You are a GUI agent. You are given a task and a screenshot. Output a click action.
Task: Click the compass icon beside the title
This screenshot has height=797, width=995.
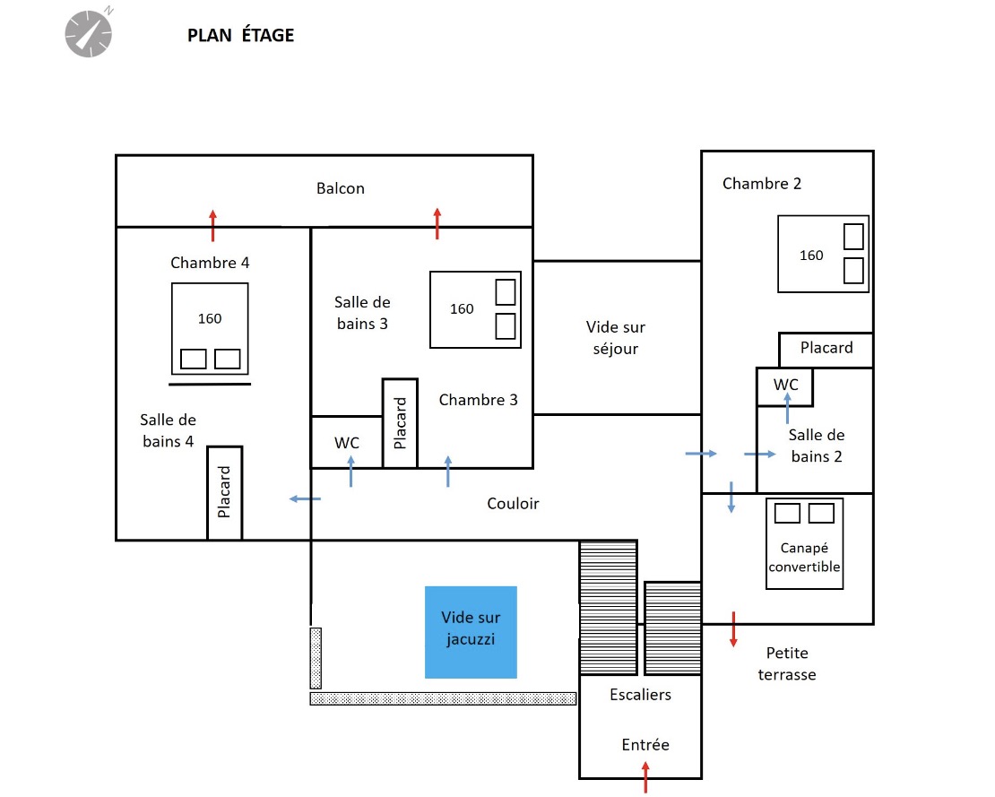[x=89, y=33]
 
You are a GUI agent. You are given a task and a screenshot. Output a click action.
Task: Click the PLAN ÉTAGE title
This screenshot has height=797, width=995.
[x=240, y=36]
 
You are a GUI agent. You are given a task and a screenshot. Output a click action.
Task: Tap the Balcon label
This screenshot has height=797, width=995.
[x=341, y=188]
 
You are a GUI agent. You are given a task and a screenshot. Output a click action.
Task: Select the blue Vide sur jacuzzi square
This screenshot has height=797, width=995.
[x=471, y=632]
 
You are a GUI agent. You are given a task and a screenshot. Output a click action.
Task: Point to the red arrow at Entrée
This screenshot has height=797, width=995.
[x=645, y=777]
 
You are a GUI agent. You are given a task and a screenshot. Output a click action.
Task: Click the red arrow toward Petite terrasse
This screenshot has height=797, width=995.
[x=733, y=629]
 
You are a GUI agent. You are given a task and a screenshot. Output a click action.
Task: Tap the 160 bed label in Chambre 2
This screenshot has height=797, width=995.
[x=811, y=256]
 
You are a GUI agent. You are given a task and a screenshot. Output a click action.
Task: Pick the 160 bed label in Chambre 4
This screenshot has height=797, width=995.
[x=210, y=318]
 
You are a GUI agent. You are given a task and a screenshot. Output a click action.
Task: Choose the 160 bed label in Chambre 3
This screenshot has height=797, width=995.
[x=462, y=309]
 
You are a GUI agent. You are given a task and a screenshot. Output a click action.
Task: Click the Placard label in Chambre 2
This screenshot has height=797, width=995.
[x=826, y=348]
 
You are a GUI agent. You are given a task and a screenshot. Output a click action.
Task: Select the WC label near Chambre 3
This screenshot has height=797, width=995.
[x=347, y=443]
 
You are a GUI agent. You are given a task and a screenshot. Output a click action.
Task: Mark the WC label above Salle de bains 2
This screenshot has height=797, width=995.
[x=785, y=385]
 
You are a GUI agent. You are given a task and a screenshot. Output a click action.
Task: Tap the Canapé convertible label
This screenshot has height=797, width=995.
[x=805, y=557]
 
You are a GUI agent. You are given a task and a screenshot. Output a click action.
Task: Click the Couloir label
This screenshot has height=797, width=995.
[x=513, y=504]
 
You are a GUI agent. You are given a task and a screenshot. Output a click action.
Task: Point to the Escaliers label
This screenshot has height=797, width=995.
[x=640, y=695]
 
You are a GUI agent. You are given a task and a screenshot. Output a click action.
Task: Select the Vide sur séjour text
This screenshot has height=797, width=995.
[x=616, y=338]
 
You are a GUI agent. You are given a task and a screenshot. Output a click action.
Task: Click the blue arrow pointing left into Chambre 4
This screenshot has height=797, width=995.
[x=305, y=498]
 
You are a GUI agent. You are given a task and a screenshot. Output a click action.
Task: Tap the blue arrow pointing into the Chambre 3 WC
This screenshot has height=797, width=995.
[x=350, y=471]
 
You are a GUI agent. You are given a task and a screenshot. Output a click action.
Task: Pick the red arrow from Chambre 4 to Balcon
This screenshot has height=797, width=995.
[x=212, y=225]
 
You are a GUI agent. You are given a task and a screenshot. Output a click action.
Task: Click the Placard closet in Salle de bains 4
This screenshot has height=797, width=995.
[x=225, y=493]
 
